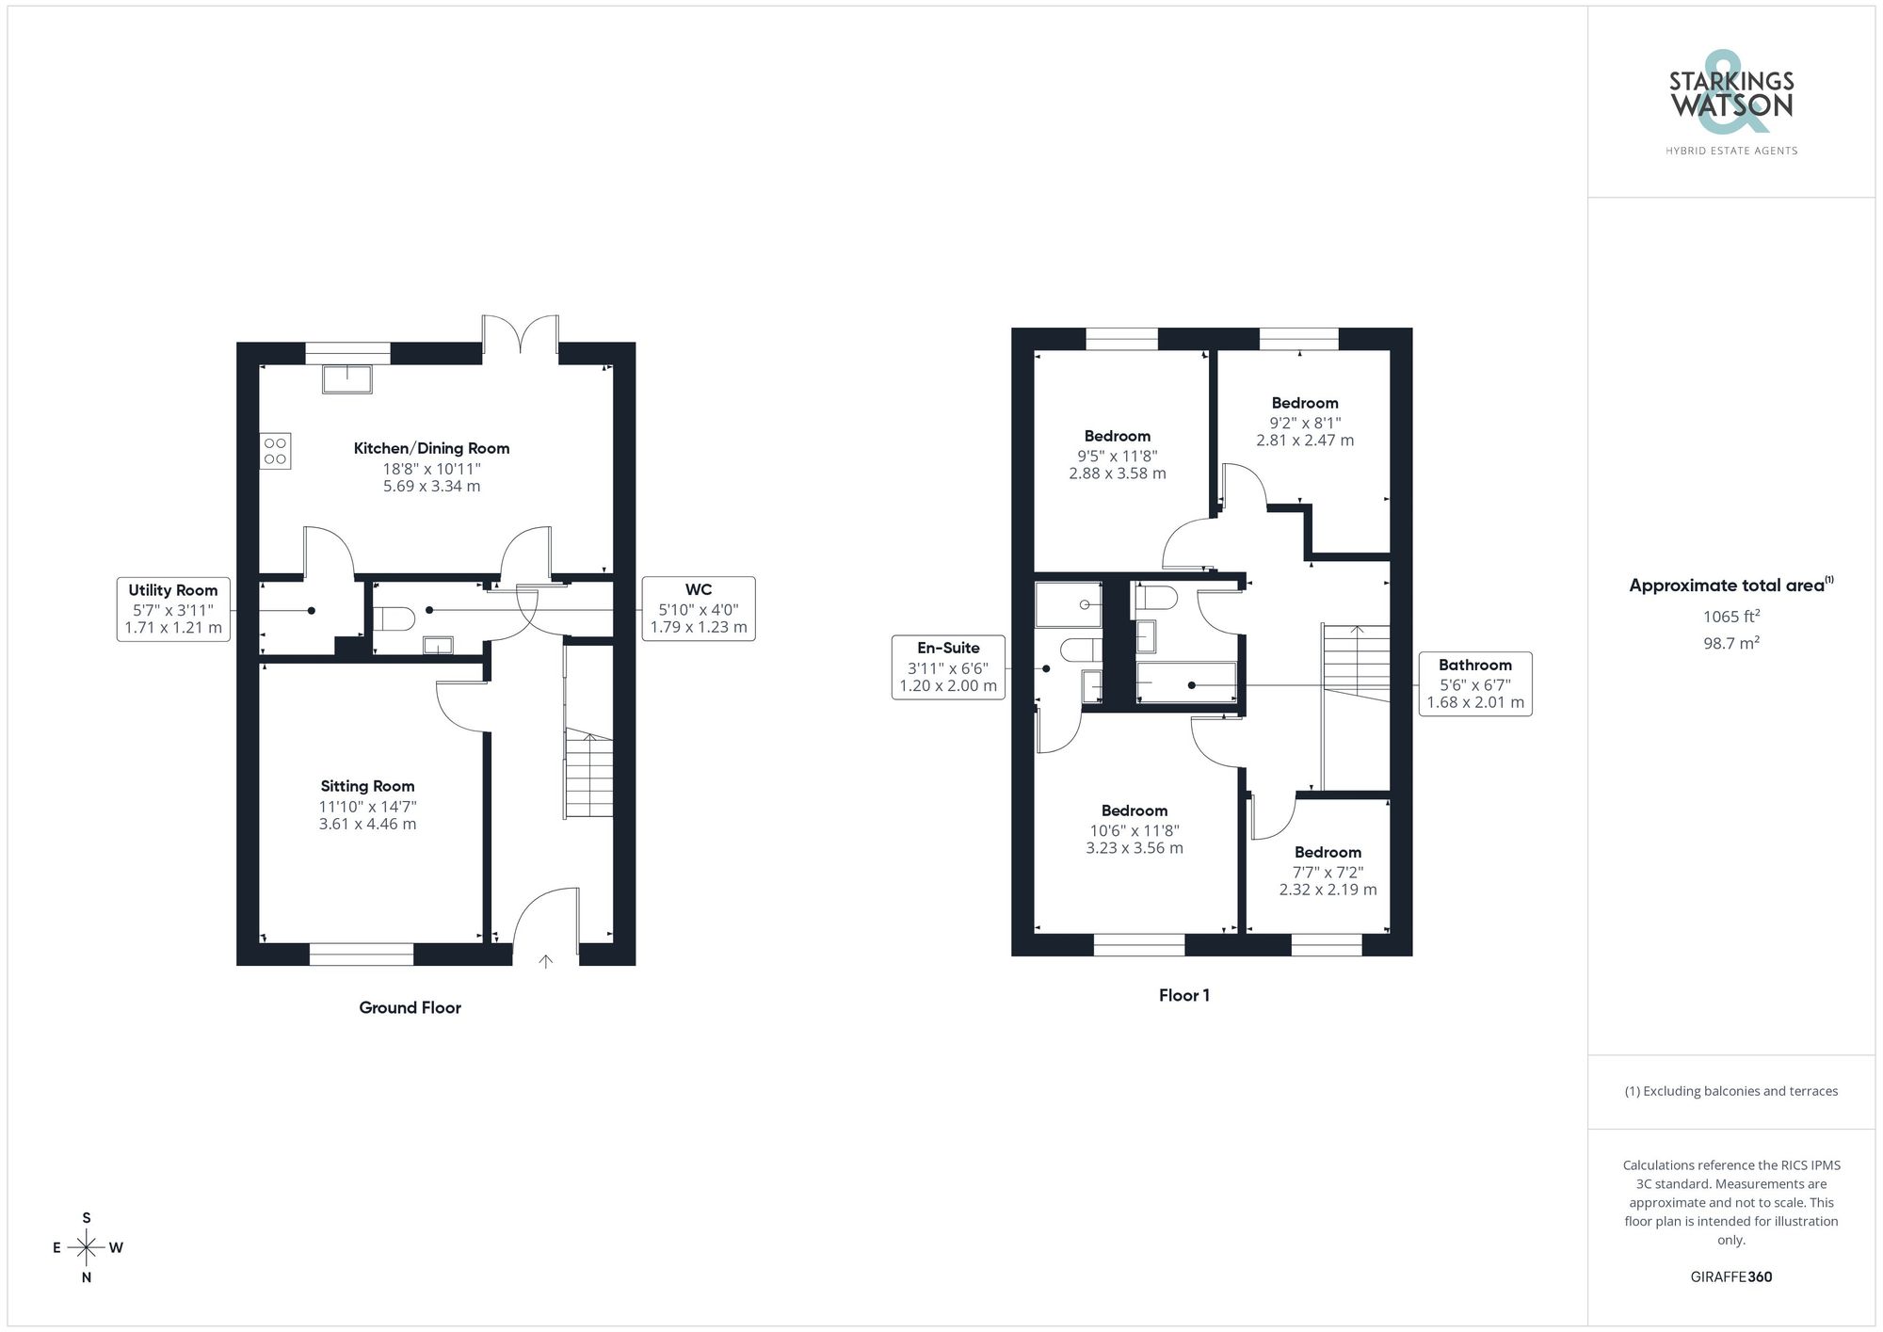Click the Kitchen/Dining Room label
coord(431,448)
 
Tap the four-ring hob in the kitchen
coord(275,451)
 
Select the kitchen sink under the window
coord(347,379)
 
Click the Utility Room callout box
coord(173,609)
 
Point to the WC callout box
coord(698,609)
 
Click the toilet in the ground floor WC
coord(394,618)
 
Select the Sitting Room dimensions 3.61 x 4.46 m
coord(367,824)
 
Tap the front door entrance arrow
coord(545,961)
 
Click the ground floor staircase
coord(588,775)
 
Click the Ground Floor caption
coord(410,1007)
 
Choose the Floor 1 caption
coord(1183,995)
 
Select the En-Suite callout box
coord(948,666)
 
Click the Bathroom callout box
coord(1474,683)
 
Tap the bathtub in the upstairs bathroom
coord(1186,682)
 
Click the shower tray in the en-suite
coord(1068,604)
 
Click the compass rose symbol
coord(87,1248)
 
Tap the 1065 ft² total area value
coord(1730,617)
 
